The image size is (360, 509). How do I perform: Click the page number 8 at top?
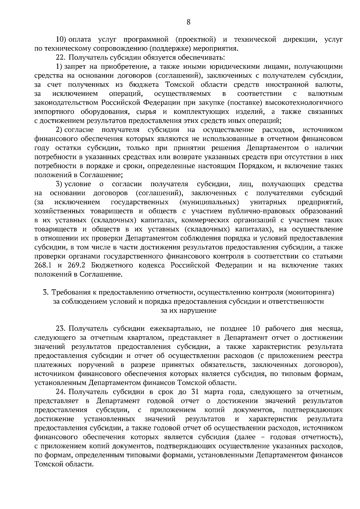pos(188,22)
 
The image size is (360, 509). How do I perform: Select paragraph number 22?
pos(61,58)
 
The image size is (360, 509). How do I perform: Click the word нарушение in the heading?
pos(198,311)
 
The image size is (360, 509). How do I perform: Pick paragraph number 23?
pos(61,329)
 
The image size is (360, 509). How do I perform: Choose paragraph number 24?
pos(61,392)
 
